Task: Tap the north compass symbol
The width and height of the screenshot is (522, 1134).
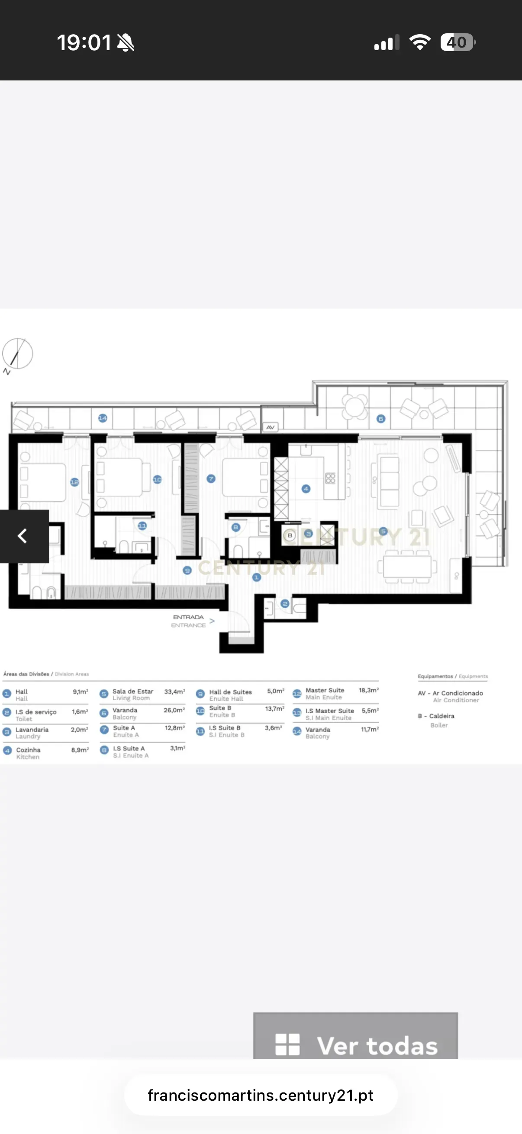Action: click(18, 353)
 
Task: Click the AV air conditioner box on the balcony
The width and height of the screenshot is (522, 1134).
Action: click(271, 427)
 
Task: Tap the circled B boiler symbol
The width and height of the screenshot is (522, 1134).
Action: click(290, 535)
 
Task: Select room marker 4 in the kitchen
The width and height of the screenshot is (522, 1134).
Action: click(306, 489)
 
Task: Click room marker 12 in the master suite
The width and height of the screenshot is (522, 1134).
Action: click(74, 482)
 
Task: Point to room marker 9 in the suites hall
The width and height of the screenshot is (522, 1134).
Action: click(187, 570)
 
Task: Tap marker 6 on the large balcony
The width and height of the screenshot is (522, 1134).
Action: click(381, 419)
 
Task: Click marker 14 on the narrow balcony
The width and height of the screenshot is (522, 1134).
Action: click(103, 418)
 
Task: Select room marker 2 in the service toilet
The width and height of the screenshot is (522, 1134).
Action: click(285, 604)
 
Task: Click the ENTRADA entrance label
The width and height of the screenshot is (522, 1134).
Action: click(188, 621)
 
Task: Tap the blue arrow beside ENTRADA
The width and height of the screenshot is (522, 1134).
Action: click(212, 621)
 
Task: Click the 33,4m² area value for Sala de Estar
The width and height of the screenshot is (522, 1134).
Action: click(174, 692)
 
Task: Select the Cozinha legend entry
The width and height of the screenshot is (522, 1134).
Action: click(28, 753)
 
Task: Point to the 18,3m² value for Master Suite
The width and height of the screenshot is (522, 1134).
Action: click(368, 690)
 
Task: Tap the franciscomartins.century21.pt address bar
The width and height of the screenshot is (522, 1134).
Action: click(261, 1095)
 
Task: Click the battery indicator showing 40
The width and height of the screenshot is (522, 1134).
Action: click(457, 43)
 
